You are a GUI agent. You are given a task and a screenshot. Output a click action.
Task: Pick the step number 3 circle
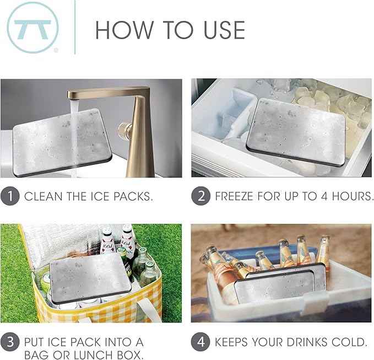(10, 342)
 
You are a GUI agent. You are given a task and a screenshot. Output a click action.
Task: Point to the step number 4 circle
(200, 342)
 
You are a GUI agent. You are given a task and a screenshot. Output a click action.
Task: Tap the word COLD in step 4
(353, 342)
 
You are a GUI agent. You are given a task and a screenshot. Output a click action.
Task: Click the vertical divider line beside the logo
(75, 28)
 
